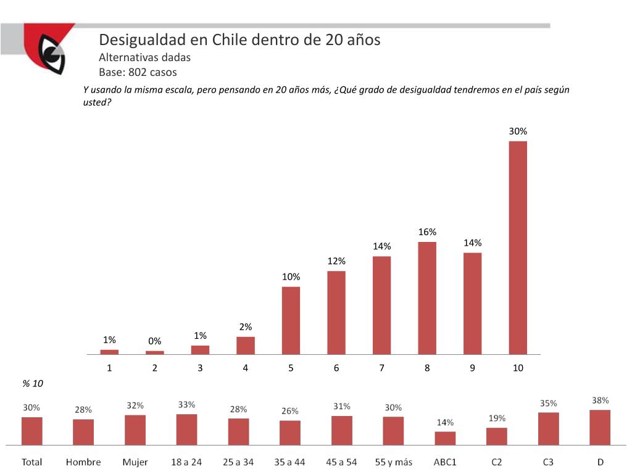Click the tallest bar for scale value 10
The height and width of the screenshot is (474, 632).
point(518,247)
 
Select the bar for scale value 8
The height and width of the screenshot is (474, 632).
point(427,298)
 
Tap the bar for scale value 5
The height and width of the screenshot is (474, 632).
point(291,320)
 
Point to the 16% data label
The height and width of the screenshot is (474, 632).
point(427,232)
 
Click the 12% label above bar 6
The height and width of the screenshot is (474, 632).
point(336,261)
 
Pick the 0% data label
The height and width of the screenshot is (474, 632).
point(154,341)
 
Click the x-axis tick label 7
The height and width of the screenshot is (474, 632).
point(382,368)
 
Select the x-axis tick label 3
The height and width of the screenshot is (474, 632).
point(200,368)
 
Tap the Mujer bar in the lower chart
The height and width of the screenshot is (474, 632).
point(135,430)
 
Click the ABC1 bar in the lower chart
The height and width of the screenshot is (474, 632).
point(445,438)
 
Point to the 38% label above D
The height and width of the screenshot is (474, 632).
point(600,400)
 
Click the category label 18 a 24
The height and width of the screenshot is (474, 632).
point(186,462)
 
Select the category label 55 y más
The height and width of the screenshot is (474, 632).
point(394,462)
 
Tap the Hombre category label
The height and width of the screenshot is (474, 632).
point(83,462)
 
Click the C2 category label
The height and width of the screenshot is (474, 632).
point(497,462)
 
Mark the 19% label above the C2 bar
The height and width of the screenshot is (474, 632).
point(497,418)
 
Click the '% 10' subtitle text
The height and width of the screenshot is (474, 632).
point(32,383)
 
